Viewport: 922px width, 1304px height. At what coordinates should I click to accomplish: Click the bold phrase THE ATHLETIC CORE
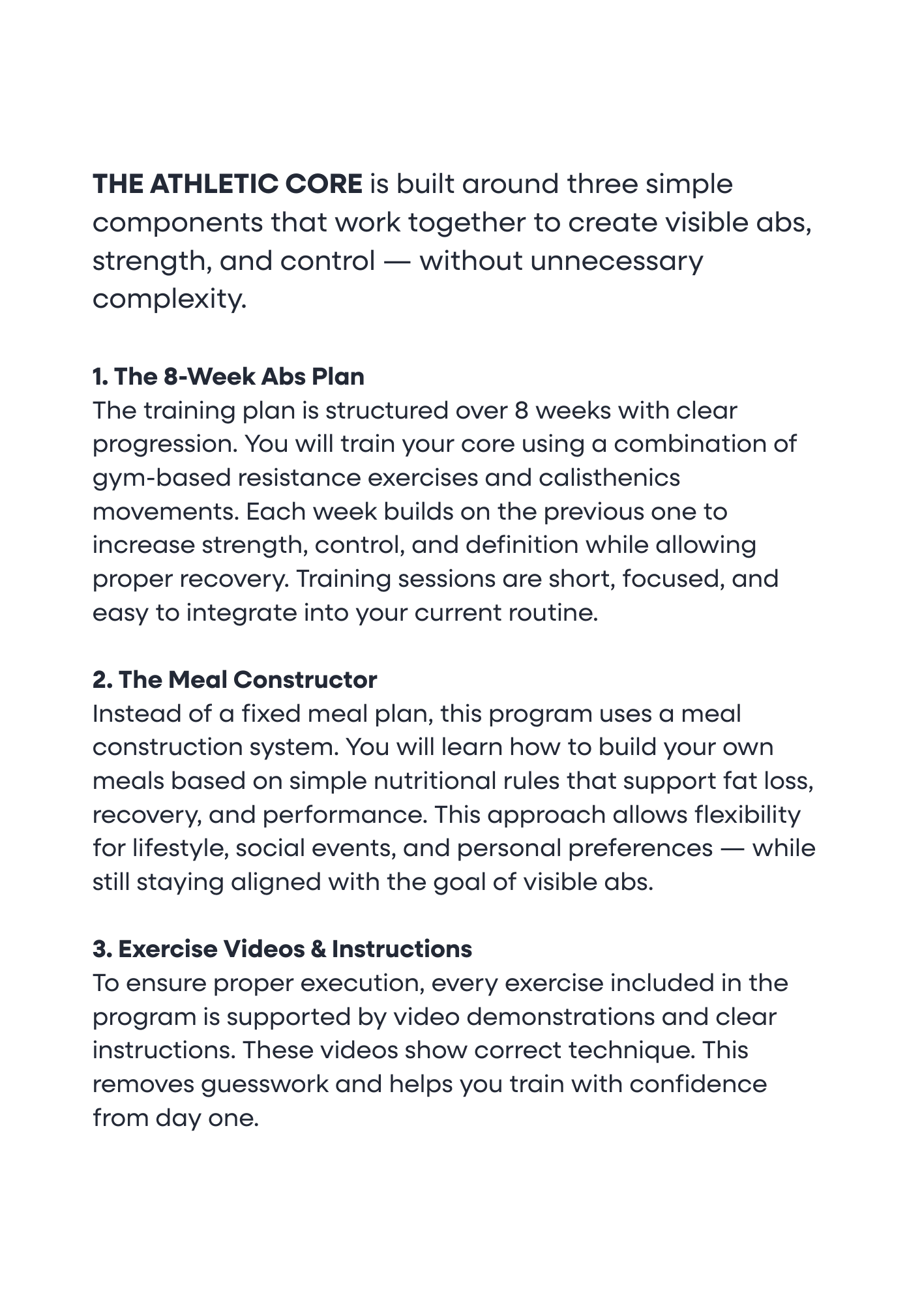click(227, 185)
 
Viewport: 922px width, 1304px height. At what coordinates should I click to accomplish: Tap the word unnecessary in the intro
click(617, 261)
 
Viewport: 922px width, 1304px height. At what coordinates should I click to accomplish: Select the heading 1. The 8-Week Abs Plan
click(228, 377)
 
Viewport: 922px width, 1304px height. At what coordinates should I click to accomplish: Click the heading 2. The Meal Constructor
click(235, 680)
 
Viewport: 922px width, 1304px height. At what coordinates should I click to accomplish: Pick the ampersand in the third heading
click(318, 949)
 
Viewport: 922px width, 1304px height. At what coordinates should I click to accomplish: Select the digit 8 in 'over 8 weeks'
click(521, 411)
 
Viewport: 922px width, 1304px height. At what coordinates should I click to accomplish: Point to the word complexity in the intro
click(170, 300)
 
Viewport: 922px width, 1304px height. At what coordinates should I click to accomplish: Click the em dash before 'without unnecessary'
click(397, 261)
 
